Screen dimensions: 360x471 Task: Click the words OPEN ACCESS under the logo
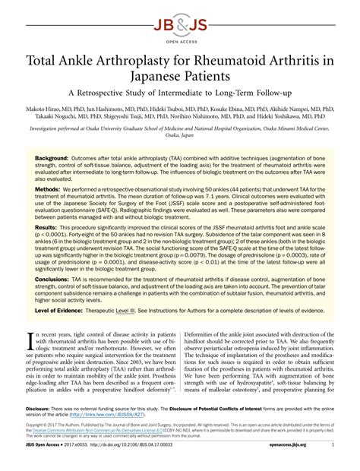179,35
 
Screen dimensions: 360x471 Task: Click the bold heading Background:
52,160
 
